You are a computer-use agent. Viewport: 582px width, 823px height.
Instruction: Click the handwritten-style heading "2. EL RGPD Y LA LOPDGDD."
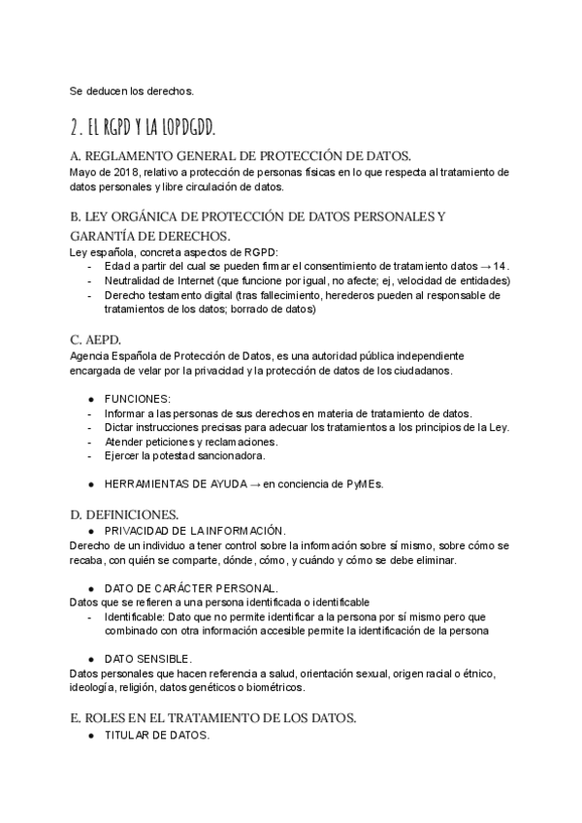point(143,128)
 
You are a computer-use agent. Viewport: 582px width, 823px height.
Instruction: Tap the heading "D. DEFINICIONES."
point(123,513)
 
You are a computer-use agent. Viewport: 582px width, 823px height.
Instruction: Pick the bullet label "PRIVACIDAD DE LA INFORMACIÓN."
point(194,530)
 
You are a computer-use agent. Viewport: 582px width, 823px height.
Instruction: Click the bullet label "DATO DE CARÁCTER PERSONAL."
point(190,588)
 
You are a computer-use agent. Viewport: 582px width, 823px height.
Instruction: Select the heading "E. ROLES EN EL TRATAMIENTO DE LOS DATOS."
point(213,718)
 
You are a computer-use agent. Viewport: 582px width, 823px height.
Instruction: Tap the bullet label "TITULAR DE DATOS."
point(155,735)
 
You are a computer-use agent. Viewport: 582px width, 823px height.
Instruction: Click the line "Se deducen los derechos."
point(132,91)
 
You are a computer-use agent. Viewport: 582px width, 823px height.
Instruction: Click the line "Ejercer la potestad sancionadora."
point(190,455)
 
